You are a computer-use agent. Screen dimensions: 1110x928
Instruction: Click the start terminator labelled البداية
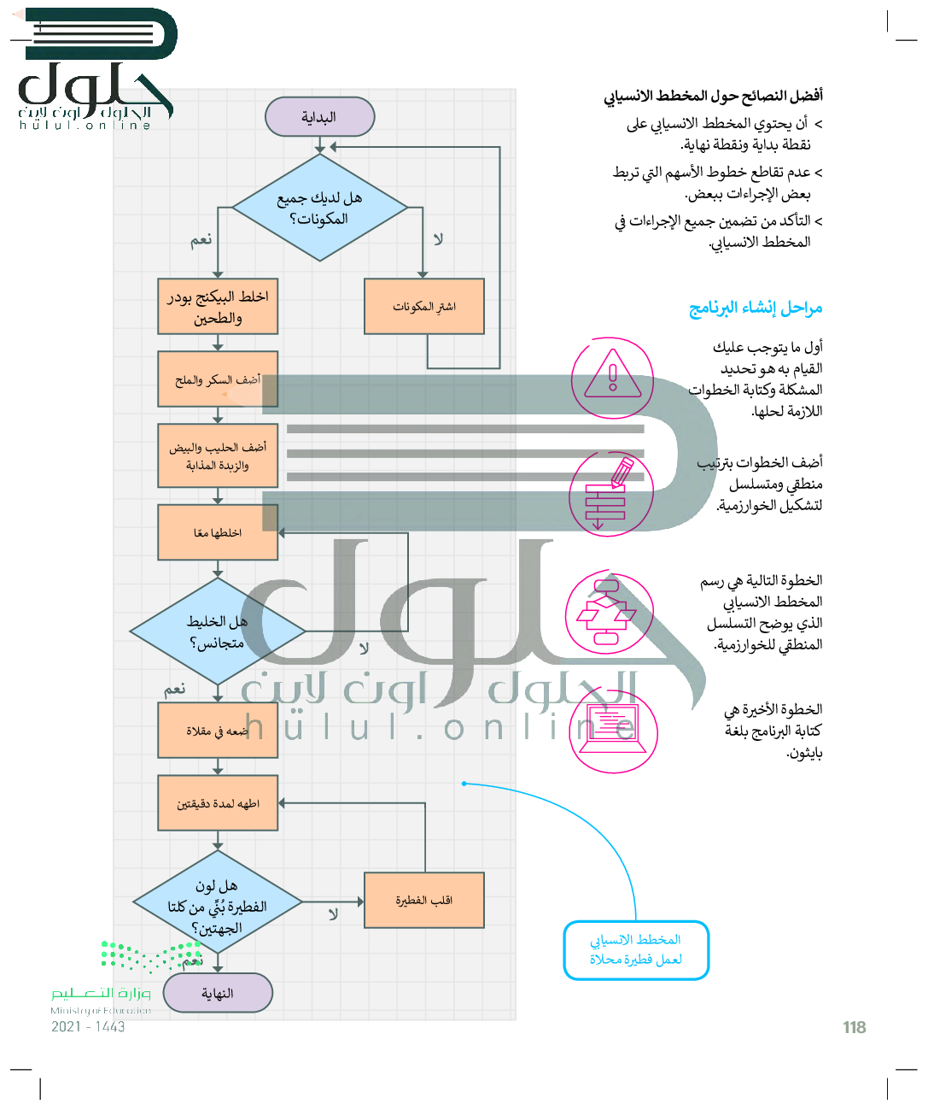pos(320,117)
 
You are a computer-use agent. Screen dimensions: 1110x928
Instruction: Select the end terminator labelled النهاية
pos(218,993)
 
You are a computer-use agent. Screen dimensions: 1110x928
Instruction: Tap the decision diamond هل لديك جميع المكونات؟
pos(320,208)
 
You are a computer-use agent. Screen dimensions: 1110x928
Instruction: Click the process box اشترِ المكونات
pos(424,306)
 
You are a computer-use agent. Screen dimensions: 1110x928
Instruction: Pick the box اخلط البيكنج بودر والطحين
pos(218,306)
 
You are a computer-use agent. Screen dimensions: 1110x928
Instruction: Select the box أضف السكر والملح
pos(218,379)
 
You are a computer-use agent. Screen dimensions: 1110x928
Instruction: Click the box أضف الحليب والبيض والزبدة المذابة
pos(218,455)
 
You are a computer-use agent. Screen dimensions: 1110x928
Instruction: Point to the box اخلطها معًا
pos(218,532)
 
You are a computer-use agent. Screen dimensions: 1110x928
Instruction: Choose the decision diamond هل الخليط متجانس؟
pos(218,632)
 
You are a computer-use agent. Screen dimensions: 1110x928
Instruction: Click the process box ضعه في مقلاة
pos(218,731)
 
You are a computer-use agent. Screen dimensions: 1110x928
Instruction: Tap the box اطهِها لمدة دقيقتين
pos(218,803)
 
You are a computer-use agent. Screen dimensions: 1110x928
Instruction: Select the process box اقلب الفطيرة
pos(424,900)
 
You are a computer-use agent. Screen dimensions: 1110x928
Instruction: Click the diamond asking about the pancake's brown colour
pos(218,904)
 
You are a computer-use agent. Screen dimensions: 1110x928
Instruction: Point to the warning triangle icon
pos(612,377)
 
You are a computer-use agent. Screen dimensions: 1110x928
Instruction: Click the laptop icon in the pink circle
pos(612,730)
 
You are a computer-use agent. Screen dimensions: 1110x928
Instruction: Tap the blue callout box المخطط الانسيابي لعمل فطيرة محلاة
pos(636,949)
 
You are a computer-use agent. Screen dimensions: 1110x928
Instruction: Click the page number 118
pos(854,1027)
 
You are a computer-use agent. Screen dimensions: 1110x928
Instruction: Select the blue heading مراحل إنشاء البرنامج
pos(756,308)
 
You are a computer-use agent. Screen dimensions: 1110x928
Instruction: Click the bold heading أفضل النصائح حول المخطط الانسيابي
pos(714,96)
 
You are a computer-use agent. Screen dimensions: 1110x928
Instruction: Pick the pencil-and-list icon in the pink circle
pos(610,492)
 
